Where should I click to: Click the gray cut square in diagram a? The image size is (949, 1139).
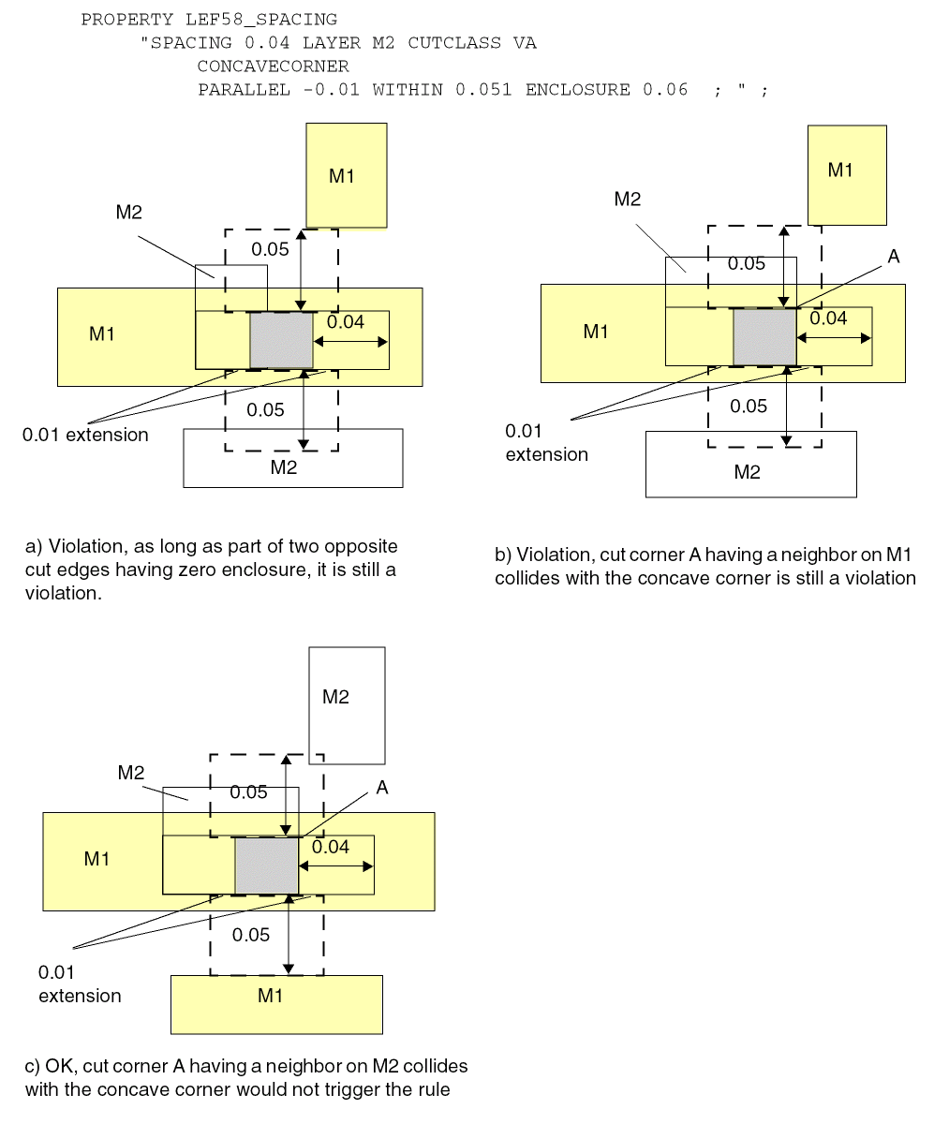pos(282,340)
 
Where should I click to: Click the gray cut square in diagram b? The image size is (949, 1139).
pos(764,337)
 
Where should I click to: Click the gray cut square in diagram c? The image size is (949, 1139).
pos(267,865)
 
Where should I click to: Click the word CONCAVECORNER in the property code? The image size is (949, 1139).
pos(273,67)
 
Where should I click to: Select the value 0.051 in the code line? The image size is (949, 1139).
pos(483,90)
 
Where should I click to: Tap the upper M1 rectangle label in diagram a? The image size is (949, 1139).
pos(342,176)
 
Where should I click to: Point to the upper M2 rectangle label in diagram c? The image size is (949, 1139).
pos(335,697)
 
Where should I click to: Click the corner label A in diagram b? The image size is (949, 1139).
pos(893,257)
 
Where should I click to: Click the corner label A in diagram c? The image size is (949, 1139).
pos(382,788)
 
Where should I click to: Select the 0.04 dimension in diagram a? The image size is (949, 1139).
pos(346,322)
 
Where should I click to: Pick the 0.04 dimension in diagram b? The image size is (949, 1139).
pos(828,318)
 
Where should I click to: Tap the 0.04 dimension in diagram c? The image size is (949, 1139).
pos(331,847)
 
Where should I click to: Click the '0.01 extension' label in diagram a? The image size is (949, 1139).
pos(85,435)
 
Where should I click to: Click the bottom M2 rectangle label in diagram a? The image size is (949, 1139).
pos(284,467)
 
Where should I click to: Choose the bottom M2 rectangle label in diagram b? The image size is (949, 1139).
pos(748,472)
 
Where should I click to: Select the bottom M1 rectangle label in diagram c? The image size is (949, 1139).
pos(271,996)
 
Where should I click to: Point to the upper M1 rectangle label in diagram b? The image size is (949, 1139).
pos(840,170)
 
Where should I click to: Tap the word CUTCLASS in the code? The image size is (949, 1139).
pos(454,43)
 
